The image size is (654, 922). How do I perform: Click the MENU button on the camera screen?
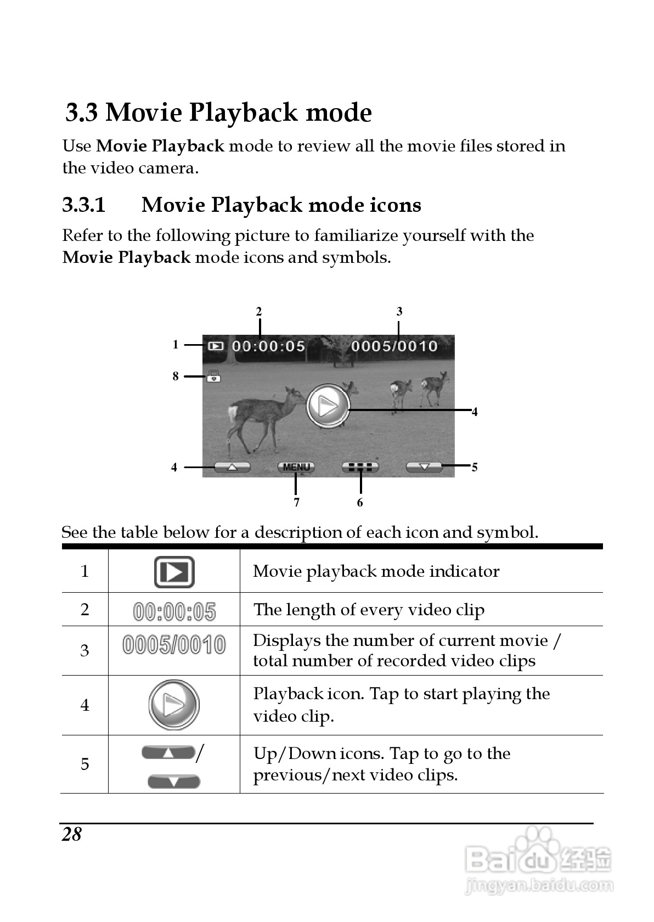tap(296, 467)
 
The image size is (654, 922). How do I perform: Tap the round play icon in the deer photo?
tap(328, 406)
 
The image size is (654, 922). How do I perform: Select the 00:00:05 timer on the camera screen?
tap(268, 346)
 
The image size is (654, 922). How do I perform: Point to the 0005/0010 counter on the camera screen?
tap(394, 346)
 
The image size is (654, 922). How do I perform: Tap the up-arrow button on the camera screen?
tap(232, 467)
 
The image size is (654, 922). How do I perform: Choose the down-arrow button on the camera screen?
tap(424, 467)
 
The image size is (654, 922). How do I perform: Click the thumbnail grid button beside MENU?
tap(360, 467)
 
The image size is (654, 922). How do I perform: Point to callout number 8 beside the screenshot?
tap(176, 376)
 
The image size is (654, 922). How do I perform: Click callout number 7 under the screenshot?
tap(296, 503)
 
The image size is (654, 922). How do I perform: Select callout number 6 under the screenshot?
tap(360, 503)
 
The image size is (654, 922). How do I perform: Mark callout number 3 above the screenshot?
tap(399, 312)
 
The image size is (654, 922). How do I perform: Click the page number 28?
tap(72, 835)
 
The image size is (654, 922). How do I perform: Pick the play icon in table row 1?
tap(174, 572)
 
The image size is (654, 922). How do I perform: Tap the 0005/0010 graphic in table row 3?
tap(174, 645)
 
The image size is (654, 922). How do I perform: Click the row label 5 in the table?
tap(85, 764)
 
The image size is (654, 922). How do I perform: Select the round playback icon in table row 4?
tap(173, 705)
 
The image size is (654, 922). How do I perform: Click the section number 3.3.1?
tap(83, 205)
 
